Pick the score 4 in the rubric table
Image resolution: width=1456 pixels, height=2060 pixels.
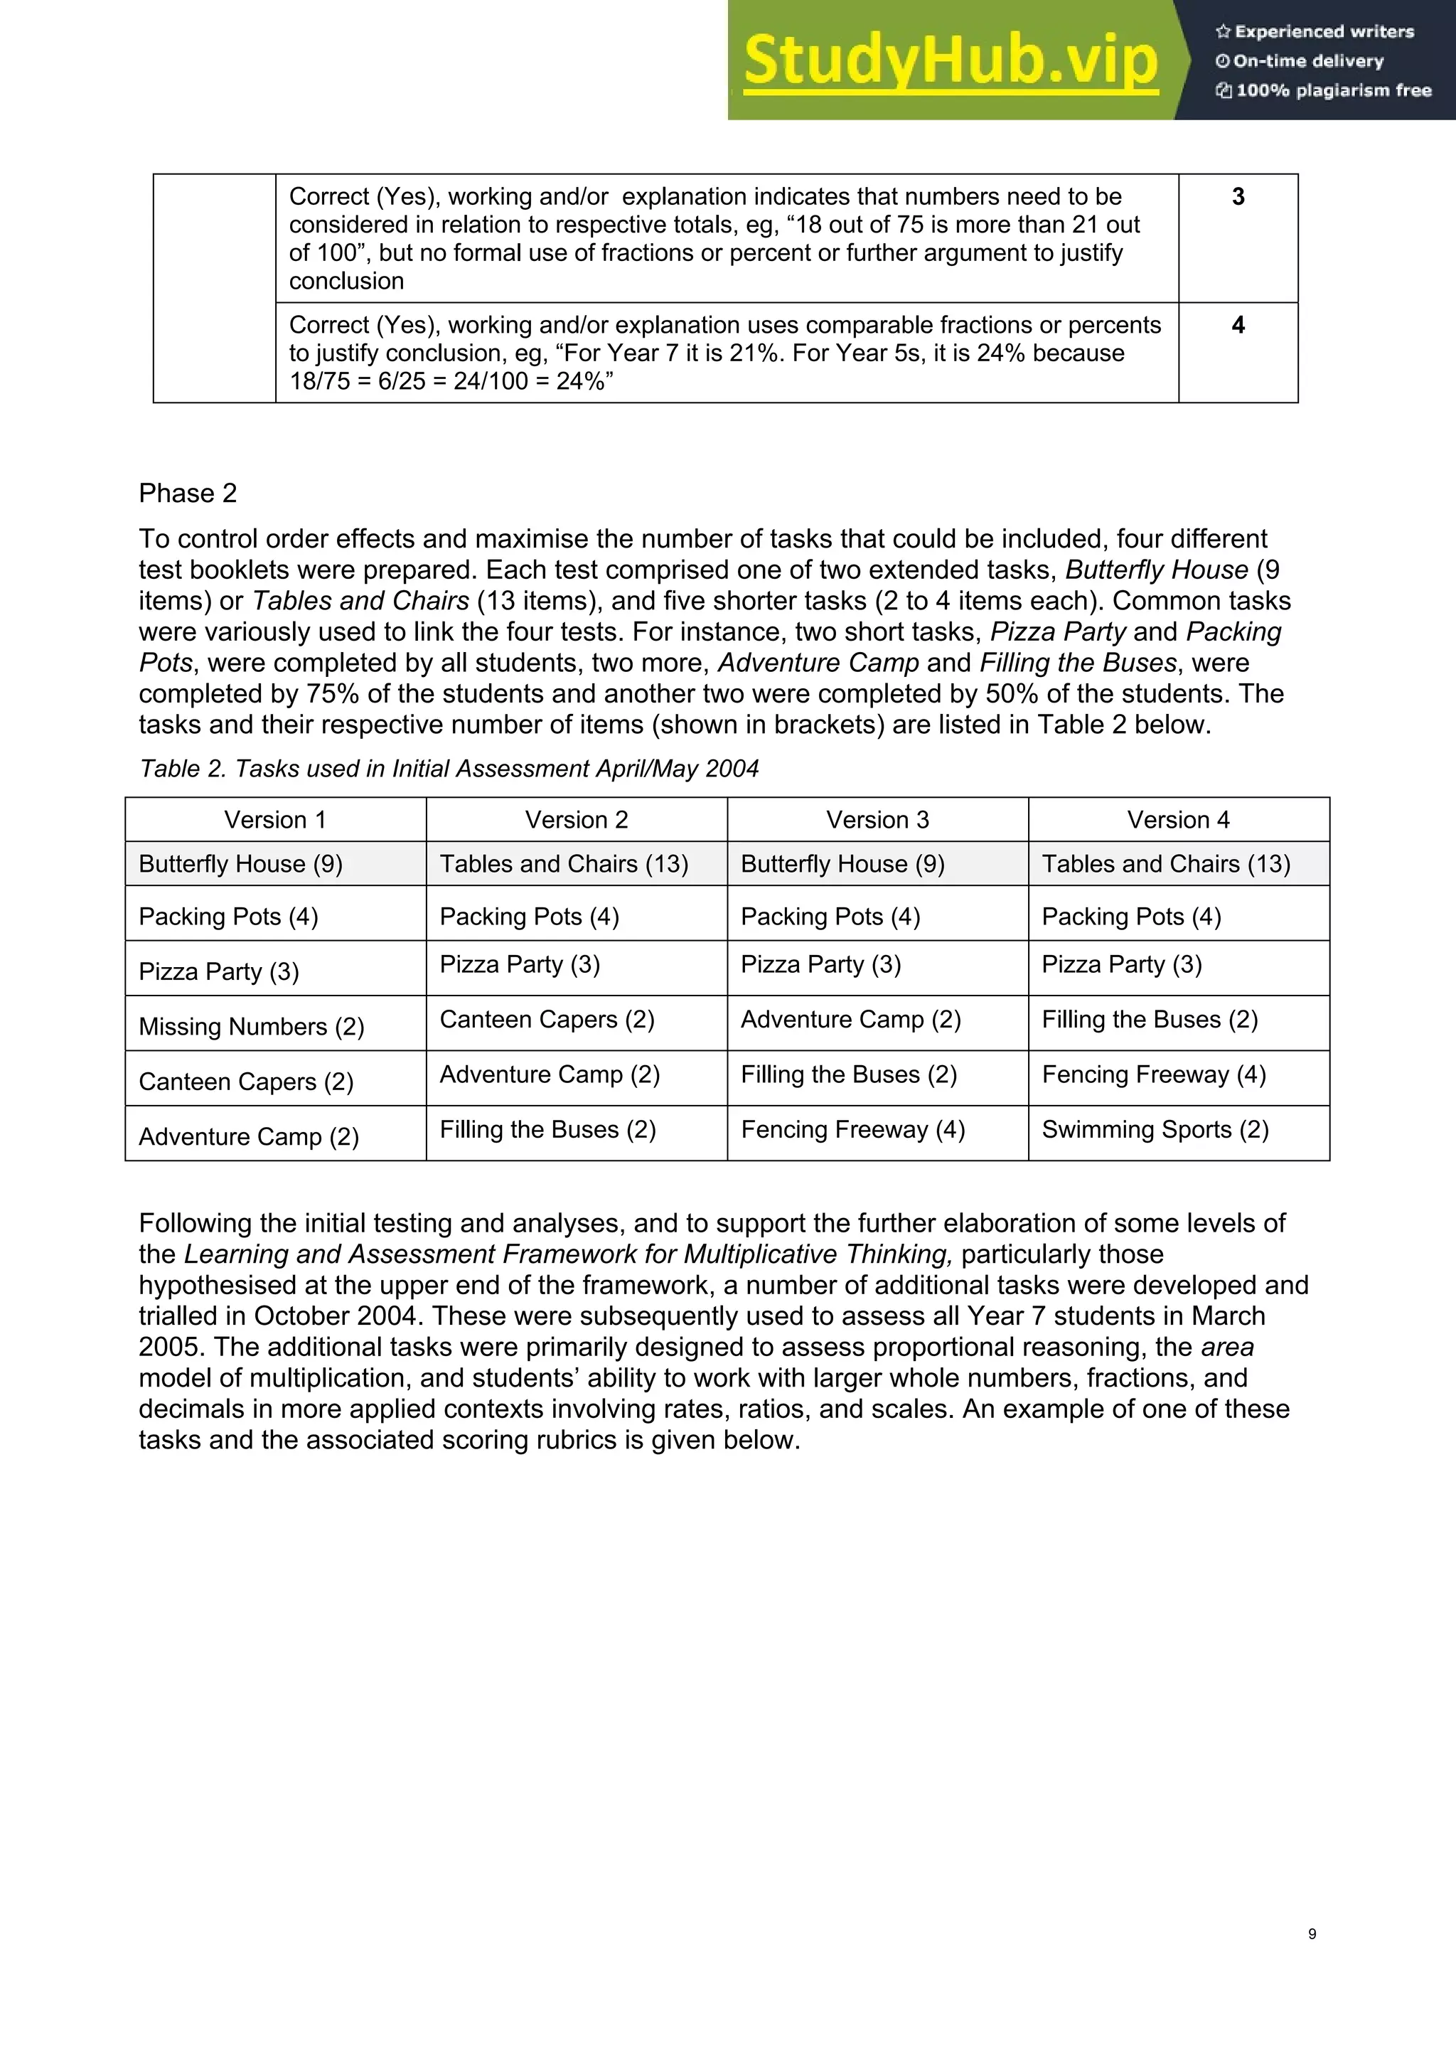click(x=1238, y=325)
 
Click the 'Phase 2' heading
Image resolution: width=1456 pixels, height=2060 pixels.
click(x=188, y=493)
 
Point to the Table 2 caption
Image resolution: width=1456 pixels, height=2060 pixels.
click(x=449, y=769)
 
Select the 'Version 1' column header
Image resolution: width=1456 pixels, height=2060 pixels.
click(x=275, y=820)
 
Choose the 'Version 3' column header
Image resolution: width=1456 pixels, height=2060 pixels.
click(x=877, y=820)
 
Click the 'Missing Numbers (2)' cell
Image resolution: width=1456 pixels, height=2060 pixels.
click(x=251, y=1026)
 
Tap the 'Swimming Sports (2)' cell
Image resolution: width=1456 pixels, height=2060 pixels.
click(x=1155, y=1130)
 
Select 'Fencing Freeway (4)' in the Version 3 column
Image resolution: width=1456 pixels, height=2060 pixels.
click(x=852, y=1130)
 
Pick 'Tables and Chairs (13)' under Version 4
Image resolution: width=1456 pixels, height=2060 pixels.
click(x=1165, y=864)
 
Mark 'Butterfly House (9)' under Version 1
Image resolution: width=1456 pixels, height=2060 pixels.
click(x=240, y=864)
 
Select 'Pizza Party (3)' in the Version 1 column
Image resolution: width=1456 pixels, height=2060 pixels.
click(x=219, y=971)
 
